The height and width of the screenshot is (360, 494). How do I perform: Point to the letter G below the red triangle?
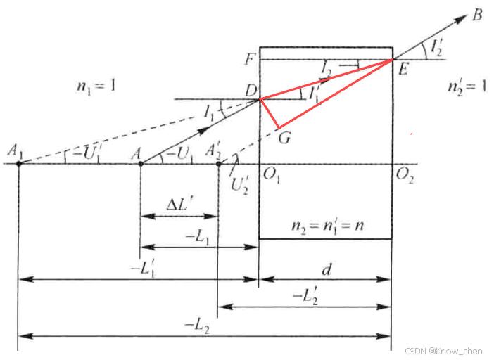point(285,137)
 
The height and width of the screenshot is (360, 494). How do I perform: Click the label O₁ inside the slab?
point(272,176)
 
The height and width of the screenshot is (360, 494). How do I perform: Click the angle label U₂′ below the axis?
point(241,183)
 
